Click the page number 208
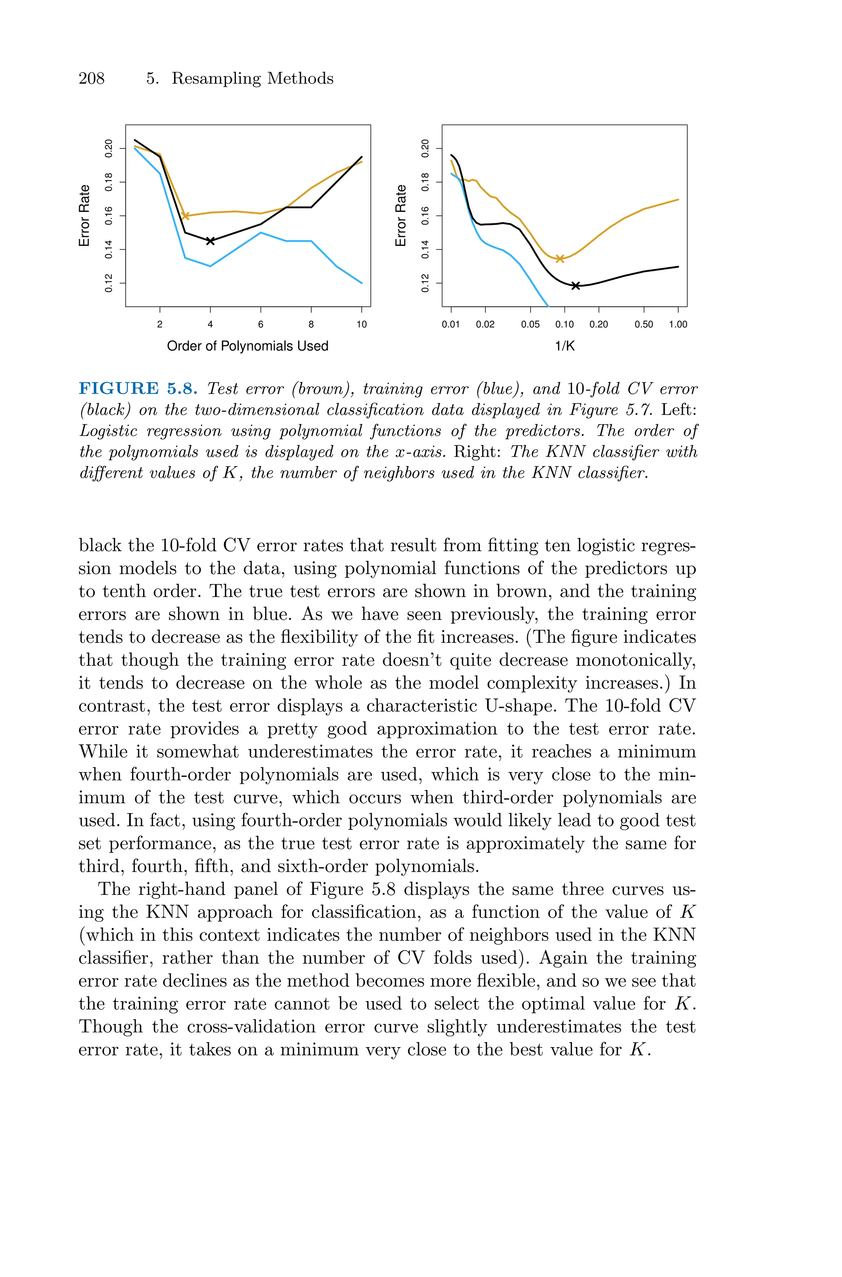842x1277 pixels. [x=91, y=79]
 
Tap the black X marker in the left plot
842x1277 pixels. [x=210, y=241]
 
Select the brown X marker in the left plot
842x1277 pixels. [x=185, y=216]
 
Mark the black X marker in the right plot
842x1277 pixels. [x=576, y=286]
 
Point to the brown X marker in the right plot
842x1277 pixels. [x=560, y=259]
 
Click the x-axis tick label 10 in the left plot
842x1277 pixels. [x=361, y=324]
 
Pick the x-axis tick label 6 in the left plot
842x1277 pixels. [x=261, y=324]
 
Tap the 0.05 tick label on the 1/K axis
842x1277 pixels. [x=530, y=324]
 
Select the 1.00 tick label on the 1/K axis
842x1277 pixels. [x=678, y=324]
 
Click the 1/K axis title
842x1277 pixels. [x=564, y=346]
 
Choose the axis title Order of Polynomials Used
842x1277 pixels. [x=248, y=346]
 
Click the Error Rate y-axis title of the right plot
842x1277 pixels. [x=400, y=216]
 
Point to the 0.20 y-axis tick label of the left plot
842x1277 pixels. [x=109, y=148]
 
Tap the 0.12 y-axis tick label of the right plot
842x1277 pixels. [x=425, y=283]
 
